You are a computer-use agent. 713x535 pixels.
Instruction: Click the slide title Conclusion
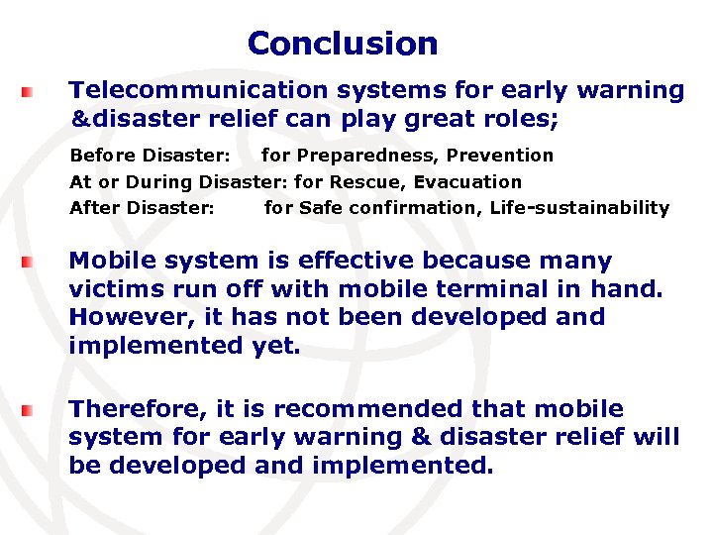point(343,44)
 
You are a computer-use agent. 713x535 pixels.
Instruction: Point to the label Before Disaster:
point(150,156)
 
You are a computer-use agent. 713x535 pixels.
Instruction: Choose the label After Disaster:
point(142,208)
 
